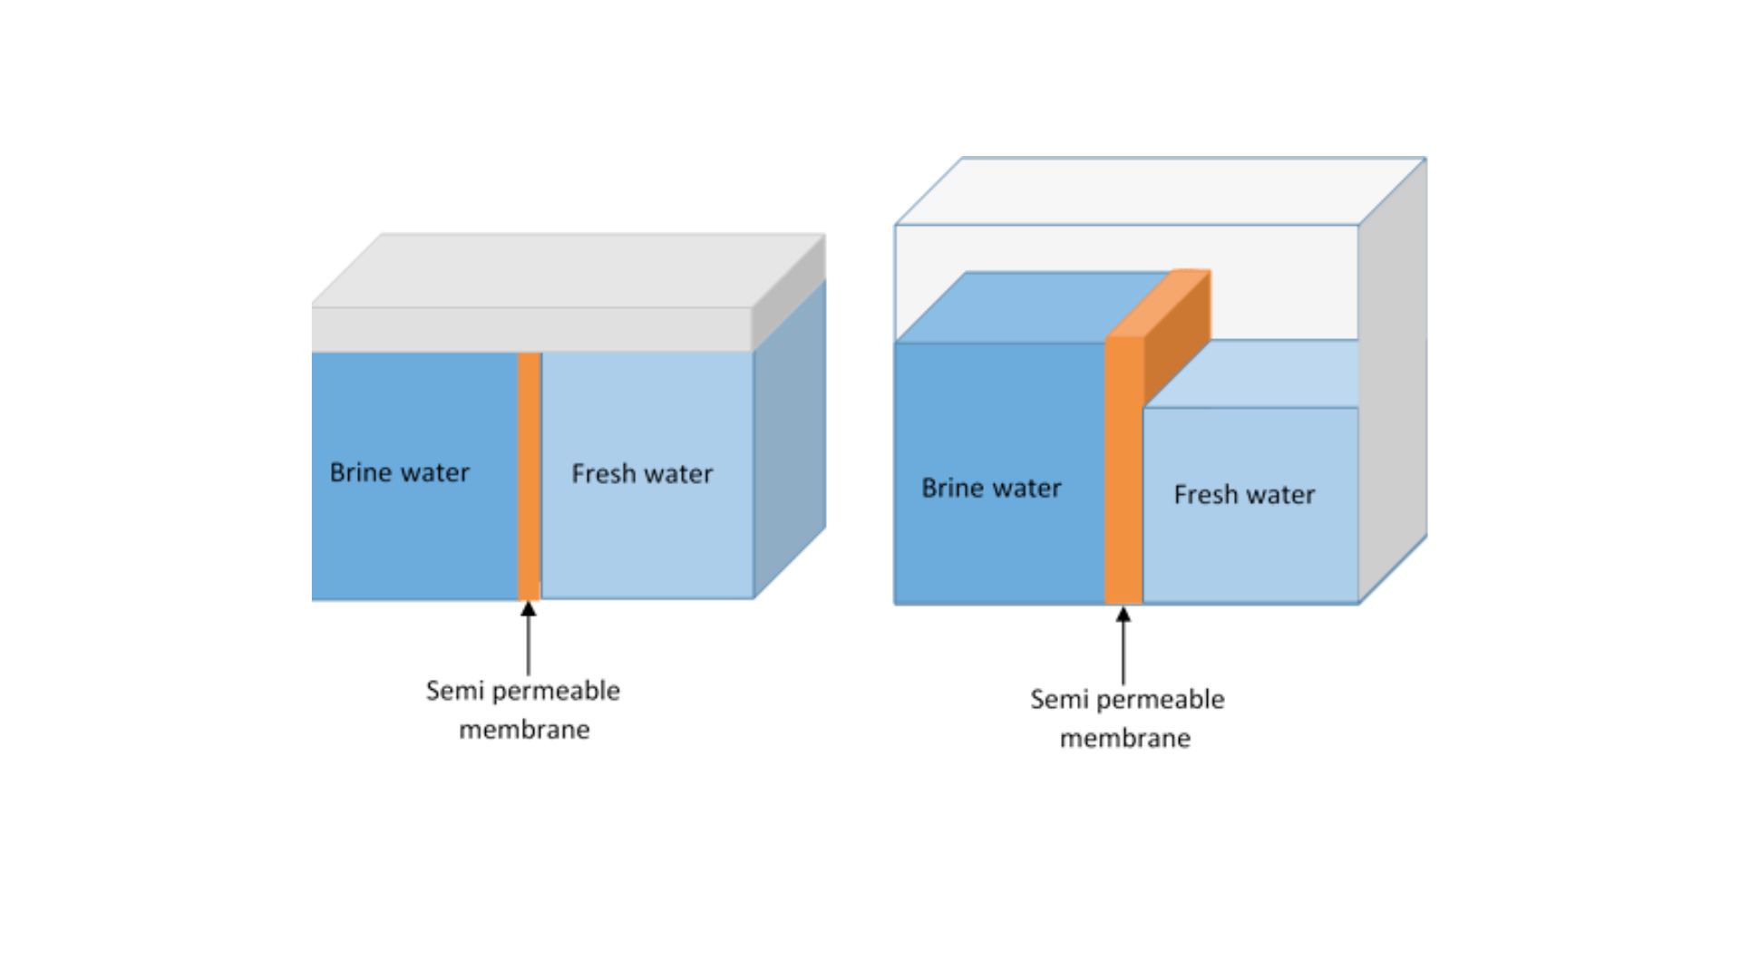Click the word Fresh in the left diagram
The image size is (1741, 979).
[601, 473]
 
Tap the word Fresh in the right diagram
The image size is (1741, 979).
[1204, 494]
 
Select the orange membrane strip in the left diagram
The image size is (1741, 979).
[529, 476]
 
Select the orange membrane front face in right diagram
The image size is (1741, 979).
[1123, 471]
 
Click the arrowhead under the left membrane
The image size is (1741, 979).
[528, 609]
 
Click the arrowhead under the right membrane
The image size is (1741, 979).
[1123, 616]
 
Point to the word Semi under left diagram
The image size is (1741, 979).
[451, 691]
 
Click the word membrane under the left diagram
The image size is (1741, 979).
[524, 730]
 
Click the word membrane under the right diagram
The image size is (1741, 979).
[1125, 739]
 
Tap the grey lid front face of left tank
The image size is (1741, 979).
[531, 329]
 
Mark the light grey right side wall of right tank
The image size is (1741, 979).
[1392, 381]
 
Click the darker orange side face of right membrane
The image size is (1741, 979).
[1176, 335]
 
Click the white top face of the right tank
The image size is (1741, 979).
[1161, 190]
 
